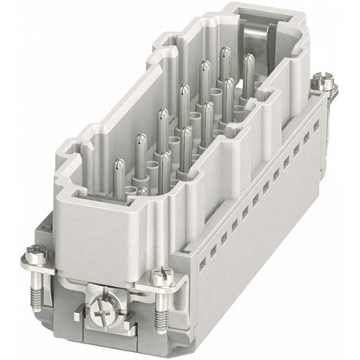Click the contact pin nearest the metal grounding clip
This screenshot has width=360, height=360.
249,65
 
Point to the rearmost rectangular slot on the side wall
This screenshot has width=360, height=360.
314,130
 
